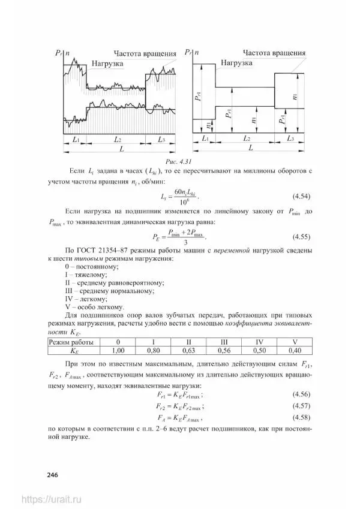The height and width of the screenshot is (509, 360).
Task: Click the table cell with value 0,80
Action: [154, 350]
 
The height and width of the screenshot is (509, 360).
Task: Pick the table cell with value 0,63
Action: [188, 350]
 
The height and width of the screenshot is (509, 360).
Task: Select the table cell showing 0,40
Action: [294, 350]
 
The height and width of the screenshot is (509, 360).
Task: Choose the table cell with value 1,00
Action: [118, 350]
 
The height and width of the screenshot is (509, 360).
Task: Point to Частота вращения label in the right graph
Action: [274, 52]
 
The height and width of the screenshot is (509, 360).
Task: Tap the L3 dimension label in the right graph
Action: [290, 138]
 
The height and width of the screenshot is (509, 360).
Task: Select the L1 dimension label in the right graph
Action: [205, 138]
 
